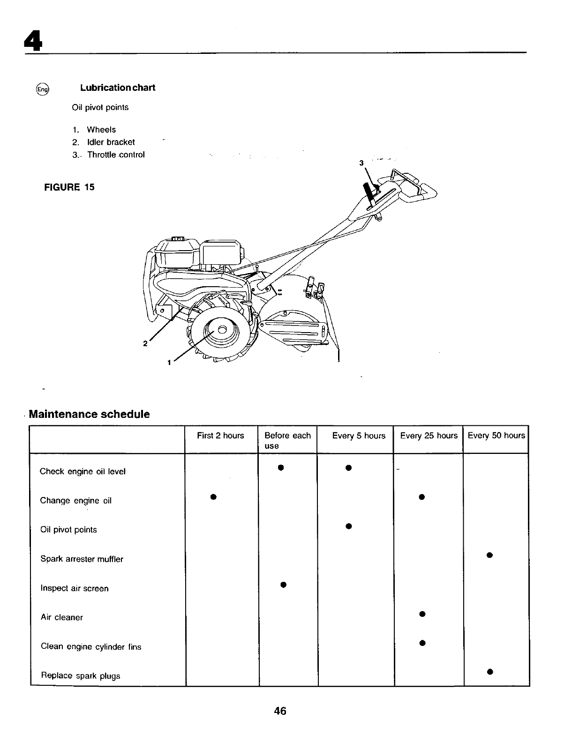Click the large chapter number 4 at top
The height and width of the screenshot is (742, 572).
(33, 42)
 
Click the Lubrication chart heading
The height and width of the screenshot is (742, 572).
(117, 88)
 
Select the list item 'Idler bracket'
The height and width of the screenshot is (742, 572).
(111, 142)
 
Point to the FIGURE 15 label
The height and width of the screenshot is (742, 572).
(69, 187)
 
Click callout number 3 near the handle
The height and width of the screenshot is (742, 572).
(361, 163)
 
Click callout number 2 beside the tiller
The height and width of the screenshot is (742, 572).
(145, 343)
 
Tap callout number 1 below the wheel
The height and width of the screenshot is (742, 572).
(169, 362)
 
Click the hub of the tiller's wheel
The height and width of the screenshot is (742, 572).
(222, 329)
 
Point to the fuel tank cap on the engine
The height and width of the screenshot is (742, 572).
(178, 239)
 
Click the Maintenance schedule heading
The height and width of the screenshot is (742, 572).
(89, 414)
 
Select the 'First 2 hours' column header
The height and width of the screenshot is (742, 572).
(220, 436)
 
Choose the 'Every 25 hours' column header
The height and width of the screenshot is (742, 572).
(429, 436)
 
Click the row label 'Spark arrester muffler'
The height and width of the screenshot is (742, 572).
(82, 559)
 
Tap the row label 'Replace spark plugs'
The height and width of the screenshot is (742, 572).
(80, 675)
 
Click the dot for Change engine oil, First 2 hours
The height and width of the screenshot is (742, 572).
(213, 497)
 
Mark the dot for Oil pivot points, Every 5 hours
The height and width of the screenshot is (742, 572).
(348, 526)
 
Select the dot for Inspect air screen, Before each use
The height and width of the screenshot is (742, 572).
(282, 584)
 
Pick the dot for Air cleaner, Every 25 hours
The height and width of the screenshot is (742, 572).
(422, 614)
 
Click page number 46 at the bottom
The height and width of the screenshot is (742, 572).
(280, 711)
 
